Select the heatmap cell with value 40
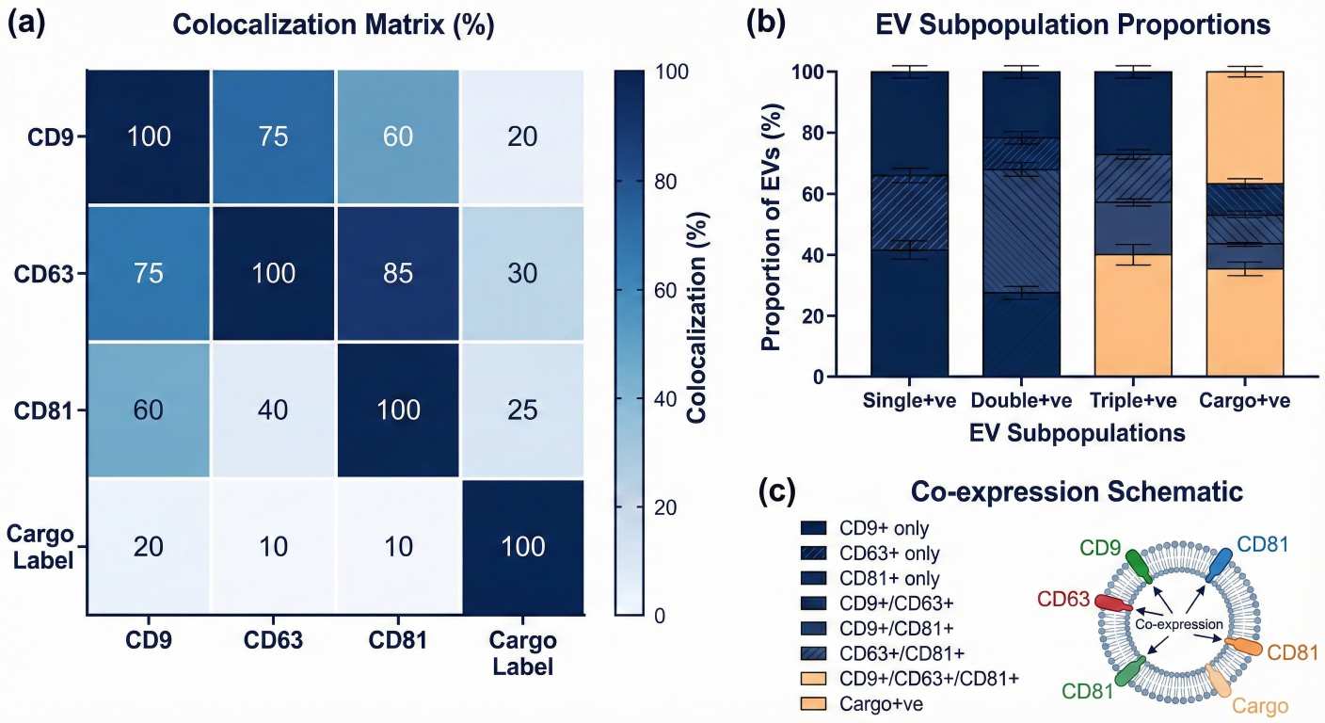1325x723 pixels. coord(273,410)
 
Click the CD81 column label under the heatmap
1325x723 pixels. coord(397,642)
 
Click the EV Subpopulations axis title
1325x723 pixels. coord(1077,434)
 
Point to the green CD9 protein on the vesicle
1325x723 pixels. coord(1140,566)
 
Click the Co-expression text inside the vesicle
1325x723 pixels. coord(1189,623)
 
